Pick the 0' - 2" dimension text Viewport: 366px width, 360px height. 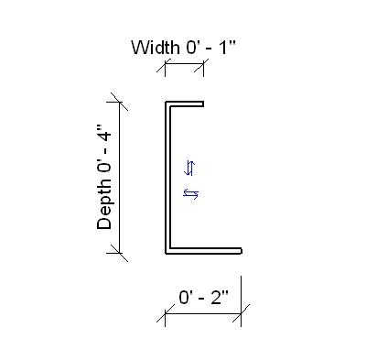(x=203, y=297)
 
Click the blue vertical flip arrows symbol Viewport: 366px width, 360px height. (x=190, y=167)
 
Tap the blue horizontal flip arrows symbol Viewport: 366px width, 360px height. (x=191, y=192)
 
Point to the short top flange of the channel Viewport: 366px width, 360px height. (x=186, y=102)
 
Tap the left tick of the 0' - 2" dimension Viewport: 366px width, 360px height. (x=166, y=317)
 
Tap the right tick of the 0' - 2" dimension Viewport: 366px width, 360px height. (x=242, y=317)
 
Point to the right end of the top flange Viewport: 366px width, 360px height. (x=203, y=102)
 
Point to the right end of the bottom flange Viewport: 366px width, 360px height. (x=241, y=250)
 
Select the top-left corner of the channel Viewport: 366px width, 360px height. (x=167, y=101)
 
